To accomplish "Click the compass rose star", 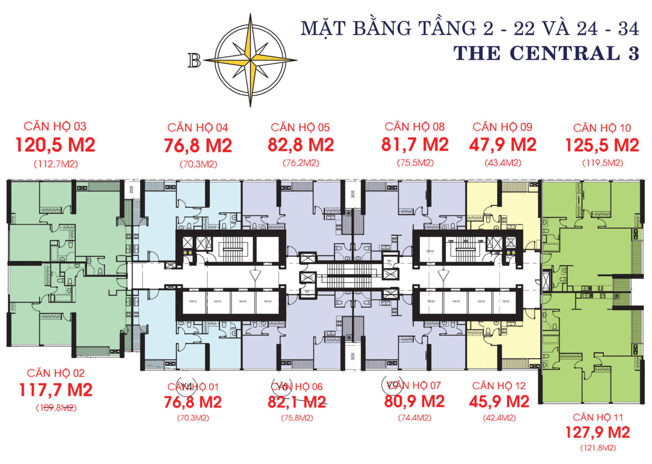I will click(250, 60).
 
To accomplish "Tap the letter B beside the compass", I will click(194, 61).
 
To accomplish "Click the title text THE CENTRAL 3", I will click(546, 53).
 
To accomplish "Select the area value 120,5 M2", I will click(55, 145).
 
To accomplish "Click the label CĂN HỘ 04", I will click(197, 127).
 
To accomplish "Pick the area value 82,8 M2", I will click(301, 145).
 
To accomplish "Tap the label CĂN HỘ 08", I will click(414, 126).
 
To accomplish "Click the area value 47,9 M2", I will click(503, 145).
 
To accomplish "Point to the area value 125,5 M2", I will click(602, 145).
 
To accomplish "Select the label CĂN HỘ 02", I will click(56, 373).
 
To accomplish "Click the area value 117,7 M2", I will click(56, 390).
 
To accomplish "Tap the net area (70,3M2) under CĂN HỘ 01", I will click(193, 418).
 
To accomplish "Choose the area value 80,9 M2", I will click(414, 401).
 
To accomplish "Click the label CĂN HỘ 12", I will click(499, 386).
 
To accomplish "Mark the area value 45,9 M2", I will click(499, 402).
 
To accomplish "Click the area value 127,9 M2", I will click(597, 433).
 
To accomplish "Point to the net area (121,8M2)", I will click(598, 448).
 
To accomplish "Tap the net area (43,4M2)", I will click(503, 163).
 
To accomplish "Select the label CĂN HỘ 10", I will click(602, 128).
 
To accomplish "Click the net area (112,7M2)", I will click(56, 164).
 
